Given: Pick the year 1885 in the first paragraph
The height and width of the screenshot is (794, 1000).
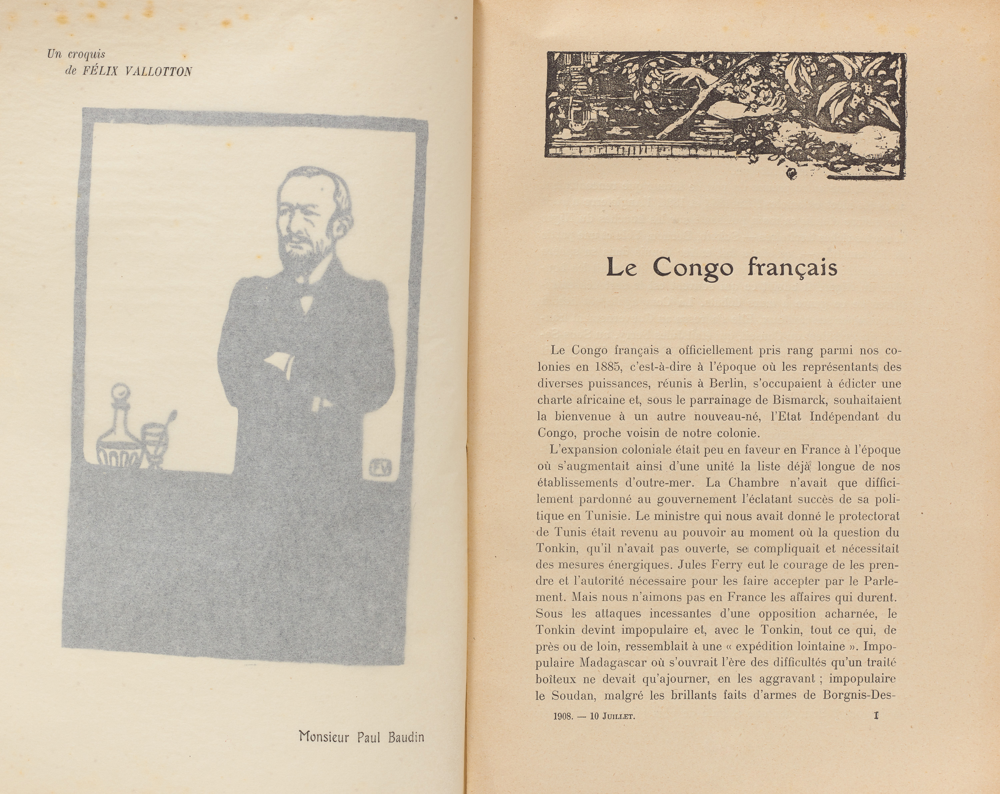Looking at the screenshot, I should point(603,367).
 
